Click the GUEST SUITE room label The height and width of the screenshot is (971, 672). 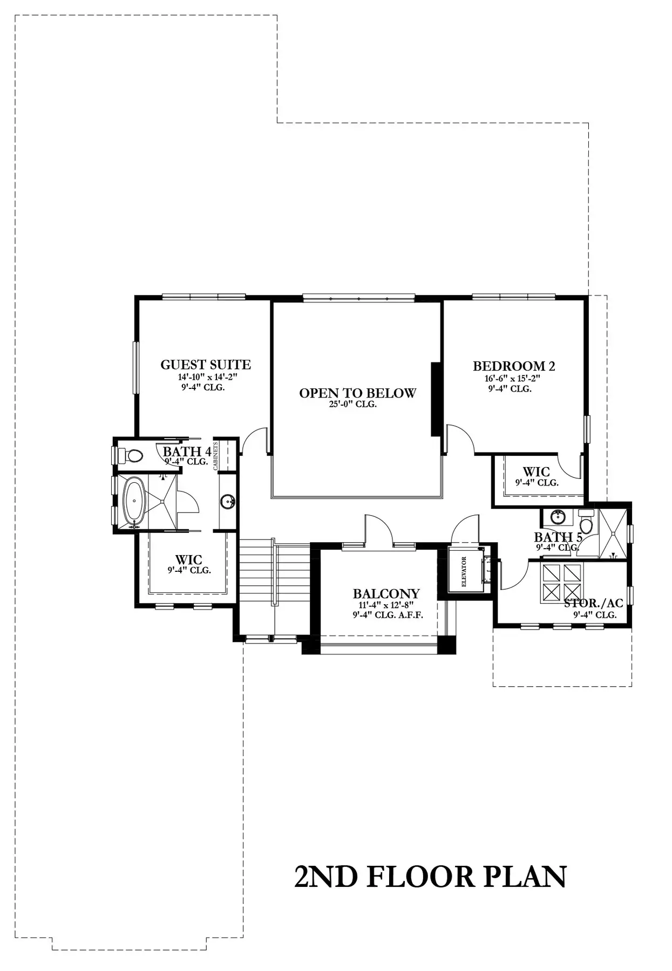pos(206,365)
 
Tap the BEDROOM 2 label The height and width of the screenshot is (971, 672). pos(514,366)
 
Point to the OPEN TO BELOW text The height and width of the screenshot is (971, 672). pos(358,393)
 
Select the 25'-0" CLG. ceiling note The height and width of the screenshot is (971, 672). pos(353,405)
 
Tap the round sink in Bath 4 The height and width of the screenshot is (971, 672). pos(228,502)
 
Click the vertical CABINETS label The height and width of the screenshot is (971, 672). pos(215,456)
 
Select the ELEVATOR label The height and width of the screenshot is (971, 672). pos(464,572)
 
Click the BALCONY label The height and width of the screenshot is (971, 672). pos(386,594)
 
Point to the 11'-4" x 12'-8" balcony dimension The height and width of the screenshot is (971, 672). pos(386,605)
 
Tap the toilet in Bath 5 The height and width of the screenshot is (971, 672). pos(586,521)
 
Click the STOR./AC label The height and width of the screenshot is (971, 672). pos(594,603)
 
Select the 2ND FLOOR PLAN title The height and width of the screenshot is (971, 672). pos(431,877)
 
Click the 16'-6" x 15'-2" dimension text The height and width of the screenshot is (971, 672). pos(512,379)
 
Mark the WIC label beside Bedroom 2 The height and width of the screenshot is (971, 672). pos(537,472)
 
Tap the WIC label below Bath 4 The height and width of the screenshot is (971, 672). pos(189,559)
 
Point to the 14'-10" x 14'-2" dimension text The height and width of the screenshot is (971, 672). pos(208,378)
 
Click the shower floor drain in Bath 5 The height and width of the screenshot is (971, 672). pos(613,555)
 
